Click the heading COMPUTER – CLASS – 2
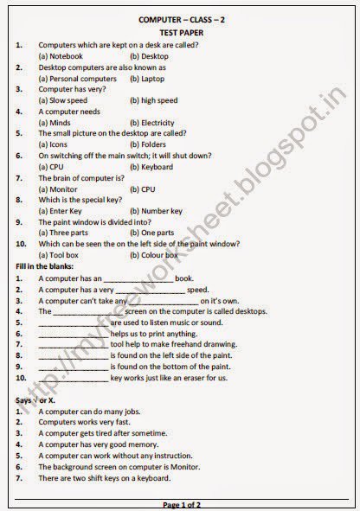[x=180, y=16]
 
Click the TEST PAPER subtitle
[x=180, y=29]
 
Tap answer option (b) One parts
[x=151, y=233]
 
